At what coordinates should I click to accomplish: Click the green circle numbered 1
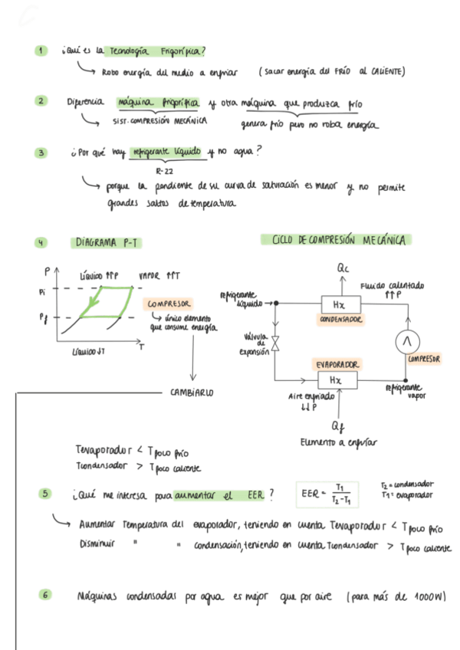point(41,51)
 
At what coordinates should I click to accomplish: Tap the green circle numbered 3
point(41,153)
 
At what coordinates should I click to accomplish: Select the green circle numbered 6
point(46,595)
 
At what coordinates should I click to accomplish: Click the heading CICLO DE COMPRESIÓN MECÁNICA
point(338,240)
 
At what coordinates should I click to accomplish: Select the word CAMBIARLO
point(191,392)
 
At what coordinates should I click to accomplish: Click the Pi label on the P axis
point(41,291)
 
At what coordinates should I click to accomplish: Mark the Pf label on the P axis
point(41,315)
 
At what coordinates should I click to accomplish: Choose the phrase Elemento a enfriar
point(337,442)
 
